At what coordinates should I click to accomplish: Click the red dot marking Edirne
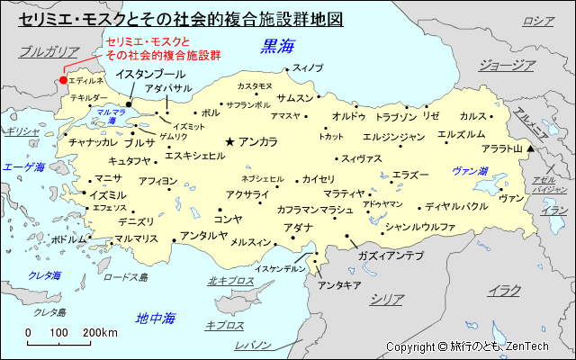tap(62, 81)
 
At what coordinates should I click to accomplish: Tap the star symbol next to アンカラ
tap(230, 141)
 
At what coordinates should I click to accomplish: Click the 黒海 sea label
tap(277, 46)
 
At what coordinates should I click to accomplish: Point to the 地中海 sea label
tap(155, 318)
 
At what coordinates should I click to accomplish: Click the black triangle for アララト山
tap(531, 148)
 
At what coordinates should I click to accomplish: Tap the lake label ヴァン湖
tap(470, 170)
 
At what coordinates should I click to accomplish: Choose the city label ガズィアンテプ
tap(390, 256)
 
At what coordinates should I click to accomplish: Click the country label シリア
tap(387, 299)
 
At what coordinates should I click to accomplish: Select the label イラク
tap(504, 290)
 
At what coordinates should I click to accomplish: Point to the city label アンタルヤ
tap(203, 236)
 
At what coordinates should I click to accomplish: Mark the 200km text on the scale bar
tap(100, 332)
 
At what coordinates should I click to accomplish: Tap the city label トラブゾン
tap(396, 117)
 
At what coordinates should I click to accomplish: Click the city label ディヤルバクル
tap(456, 206)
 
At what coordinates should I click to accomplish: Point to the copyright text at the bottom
tap(480, 346)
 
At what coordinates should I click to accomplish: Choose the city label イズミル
tap(109, 194)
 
